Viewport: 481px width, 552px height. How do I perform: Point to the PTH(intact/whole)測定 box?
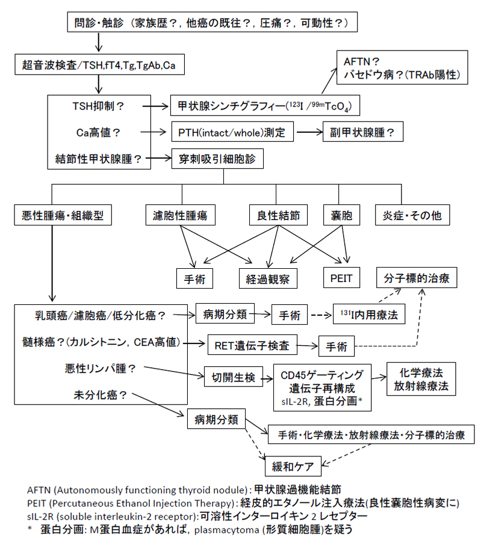[x=232, y=131]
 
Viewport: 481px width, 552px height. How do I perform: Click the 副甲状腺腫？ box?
[x=363, y=131]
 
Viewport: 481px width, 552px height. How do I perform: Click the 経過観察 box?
[x=267, y=278]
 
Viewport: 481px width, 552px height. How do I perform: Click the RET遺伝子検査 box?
[x=252, y=345]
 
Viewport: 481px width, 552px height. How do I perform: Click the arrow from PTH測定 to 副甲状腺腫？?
[x=308, y=131]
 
